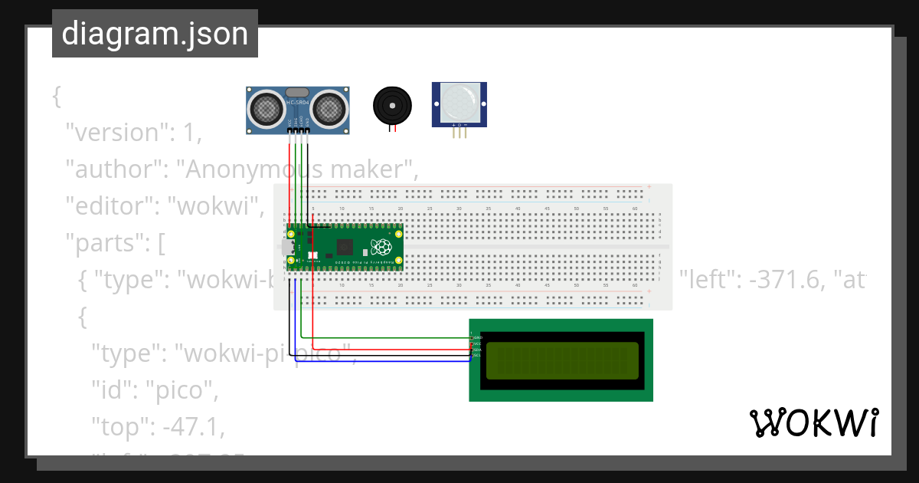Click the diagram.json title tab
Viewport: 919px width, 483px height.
155,34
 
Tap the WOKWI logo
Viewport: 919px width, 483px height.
813,423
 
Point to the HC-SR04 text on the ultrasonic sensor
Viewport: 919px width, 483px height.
298,102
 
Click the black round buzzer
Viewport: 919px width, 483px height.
392,105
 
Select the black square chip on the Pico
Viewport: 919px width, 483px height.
345,247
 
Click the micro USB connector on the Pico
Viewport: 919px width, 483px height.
287,248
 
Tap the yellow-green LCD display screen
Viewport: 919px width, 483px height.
561,360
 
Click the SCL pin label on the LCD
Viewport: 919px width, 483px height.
477,356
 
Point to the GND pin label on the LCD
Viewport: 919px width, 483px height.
477,337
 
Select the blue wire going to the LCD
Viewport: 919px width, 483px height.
383,361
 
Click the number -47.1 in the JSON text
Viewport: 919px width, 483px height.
192,427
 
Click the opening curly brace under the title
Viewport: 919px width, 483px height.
56,97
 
